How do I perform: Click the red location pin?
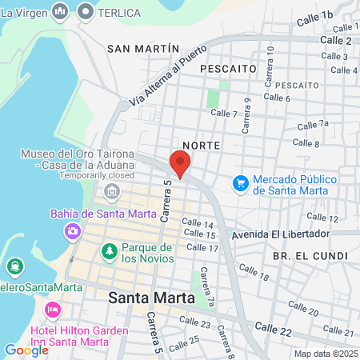(x=180, y=165)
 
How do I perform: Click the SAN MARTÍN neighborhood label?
(x=143, y=48)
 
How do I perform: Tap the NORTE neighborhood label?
(x=201, y=146)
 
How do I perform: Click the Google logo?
(x=26, y=350)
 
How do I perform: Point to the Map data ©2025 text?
(x=324, y=354)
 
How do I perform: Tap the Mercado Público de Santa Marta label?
(x=294, y=186)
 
